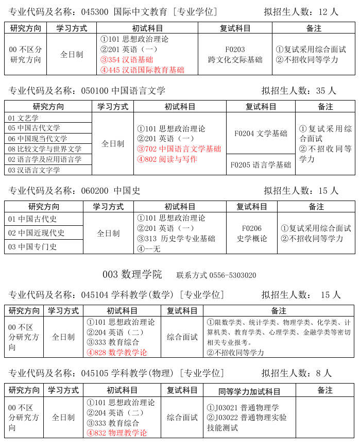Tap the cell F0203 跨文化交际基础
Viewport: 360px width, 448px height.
pos(235,55)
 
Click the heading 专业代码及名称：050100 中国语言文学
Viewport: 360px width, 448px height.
pos(87,91)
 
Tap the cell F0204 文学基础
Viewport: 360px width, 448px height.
pos(261,134)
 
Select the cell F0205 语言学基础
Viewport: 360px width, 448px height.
pos(261,165)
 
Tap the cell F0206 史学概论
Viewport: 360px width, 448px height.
pos(251,233)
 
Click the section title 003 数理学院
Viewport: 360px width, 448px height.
pos(132,274)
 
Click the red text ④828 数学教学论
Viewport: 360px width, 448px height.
pos(117,353)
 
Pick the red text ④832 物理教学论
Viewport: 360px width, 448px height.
pos(117,433)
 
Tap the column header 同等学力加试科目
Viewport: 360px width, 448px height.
pos(249,391)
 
